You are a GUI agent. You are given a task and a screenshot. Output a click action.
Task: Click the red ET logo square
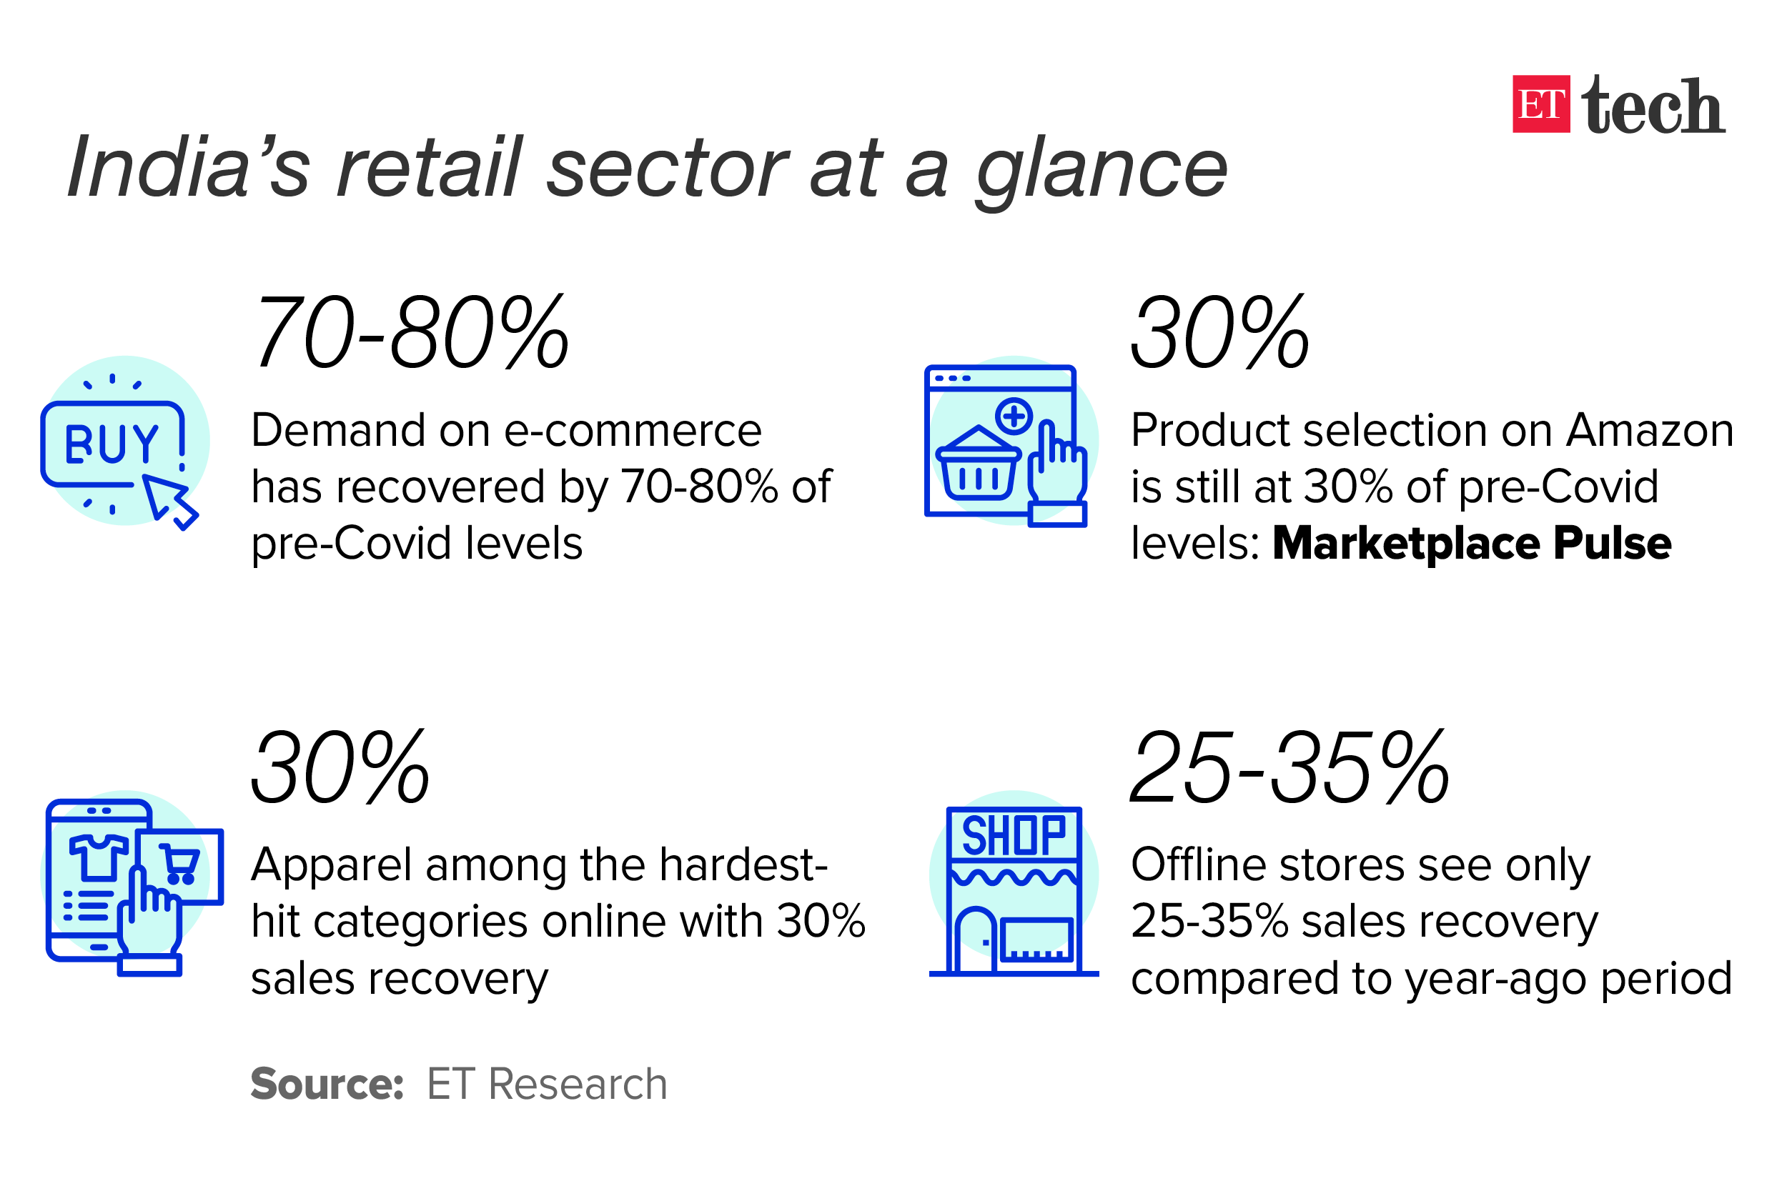(x=1541, y=104)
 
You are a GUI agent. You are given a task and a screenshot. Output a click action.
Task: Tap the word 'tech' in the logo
(x=1653, y=104)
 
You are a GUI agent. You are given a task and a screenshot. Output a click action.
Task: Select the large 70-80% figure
(x=411, y=333)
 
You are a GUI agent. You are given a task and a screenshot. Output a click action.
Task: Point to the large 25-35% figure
(x=1290, y=767)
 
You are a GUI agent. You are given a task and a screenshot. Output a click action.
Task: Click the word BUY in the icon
(x=112, y=444)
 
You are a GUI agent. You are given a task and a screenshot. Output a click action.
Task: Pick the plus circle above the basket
(x=1014, y=417)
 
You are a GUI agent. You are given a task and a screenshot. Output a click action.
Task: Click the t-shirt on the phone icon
(x=99, y=857)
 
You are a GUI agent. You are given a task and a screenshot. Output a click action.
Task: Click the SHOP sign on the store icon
(x=1014, y=834)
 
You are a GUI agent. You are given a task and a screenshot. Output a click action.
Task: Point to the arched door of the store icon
(x=975, y=940)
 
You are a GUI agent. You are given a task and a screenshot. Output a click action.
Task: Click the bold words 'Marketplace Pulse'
(x=1472, y=543)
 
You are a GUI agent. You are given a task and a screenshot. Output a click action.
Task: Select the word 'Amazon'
(x=1650, y=431)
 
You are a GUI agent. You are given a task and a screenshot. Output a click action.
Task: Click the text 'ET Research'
(x=547, y=1084)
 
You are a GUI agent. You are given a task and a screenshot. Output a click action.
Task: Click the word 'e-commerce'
(x=633, y=431)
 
